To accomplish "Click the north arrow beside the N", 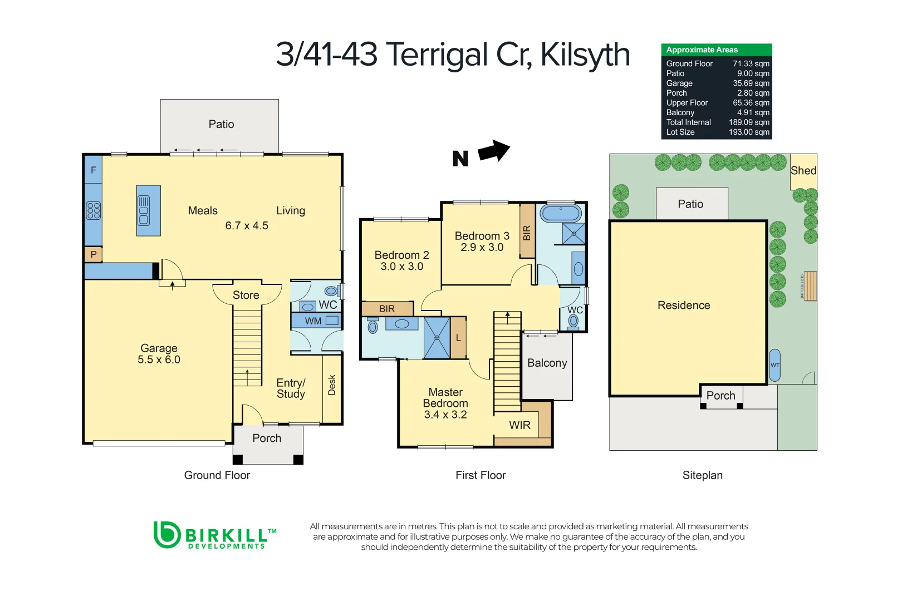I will [x=494, y=150].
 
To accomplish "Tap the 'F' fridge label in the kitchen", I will [x=93, y=170].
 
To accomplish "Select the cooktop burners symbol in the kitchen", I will [x=94, y=210].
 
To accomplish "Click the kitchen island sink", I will [x=144, y=210].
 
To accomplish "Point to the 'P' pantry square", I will [x=93, y=254].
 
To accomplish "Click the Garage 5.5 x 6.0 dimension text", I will [x=159, y=359].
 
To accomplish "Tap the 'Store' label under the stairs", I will [x=246, y=295].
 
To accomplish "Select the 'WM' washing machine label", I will [x=313, y=321].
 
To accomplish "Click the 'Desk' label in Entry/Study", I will [x=332, y=385].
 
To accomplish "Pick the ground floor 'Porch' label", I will [x=267, y=438].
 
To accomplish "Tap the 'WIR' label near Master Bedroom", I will [x=519, y=425].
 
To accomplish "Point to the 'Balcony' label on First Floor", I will [x=547, y=363].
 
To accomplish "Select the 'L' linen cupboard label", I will [x=458, y=338].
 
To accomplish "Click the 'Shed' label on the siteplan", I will [x=803, y=170].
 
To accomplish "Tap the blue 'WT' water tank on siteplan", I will [x=774, y=365].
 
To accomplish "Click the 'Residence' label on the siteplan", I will [x=683, y=305].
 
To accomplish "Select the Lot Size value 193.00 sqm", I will [x=749, y=132].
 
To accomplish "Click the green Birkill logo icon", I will [x=166, y=535].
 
